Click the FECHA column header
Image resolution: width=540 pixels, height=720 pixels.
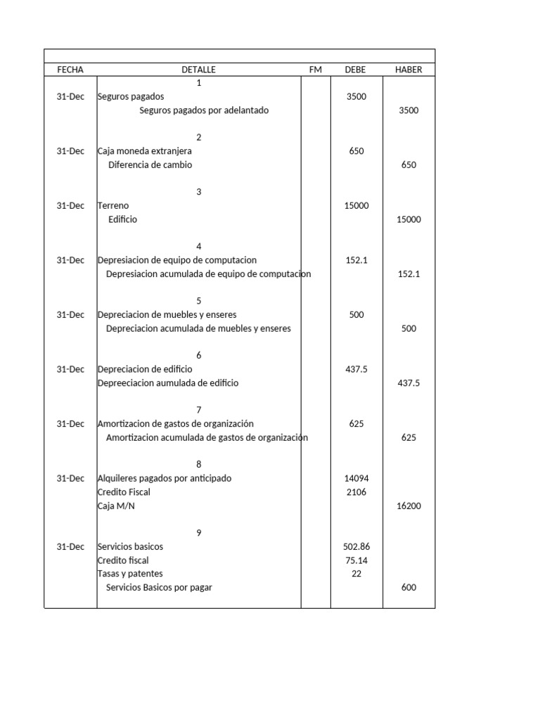(70, 70)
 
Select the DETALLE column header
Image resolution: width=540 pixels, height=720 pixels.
(198, 70)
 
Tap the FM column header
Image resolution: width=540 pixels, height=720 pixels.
(315, 70)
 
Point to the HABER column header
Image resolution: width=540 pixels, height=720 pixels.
(409, 70)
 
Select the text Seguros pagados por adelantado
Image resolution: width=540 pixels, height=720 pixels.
(204, 110)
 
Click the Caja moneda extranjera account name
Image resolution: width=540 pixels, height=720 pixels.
(144, 151)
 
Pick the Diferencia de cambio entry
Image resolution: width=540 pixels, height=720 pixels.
(150, 165)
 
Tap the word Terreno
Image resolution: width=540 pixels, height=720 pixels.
(113, 205)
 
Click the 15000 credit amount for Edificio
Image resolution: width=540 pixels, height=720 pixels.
(409, 219)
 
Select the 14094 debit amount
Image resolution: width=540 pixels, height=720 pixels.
(356, 478)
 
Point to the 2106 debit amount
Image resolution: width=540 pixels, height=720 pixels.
(356, 492)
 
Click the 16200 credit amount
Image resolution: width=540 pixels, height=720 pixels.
(409, 506)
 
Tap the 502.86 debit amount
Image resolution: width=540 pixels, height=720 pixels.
(356, 546)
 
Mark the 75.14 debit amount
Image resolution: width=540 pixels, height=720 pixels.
(356, 560)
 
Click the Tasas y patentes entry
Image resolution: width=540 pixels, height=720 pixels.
(130, 574)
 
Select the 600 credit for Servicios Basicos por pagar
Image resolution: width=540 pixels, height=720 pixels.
(409, 587)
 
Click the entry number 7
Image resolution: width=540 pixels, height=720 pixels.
(199, 410)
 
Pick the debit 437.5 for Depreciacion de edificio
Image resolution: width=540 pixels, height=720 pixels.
(356, 369)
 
